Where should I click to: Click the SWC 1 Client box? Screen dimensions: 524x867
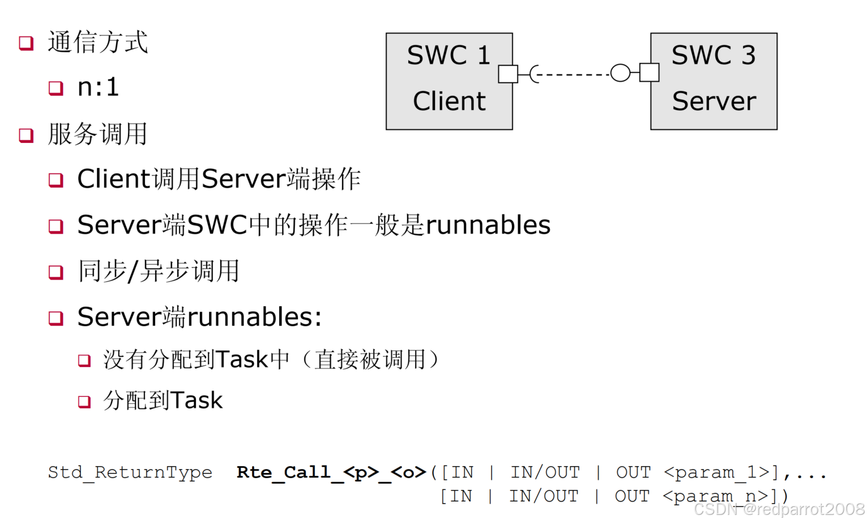pyautogui.click(x=449, y=81)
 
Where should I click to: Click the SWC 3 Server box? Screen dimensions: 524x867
pyautogui.click(x=714, y=81)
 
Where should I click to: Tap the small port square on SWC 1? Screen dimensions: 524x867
pyautogui.click(x=507, y=74)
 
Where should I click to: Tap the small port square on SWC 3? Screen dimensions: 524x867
pyautogui.click(x=649, y=73)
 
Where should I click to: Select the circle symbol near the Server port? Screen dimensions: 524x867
pyautogui.click(x=620, y=73)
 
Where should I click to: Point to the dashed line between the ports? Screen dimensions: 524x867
pyautogui.click(x=572, y=74)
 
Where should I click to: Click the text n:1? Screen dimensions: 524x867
pyautogui.click(x=98, y=87)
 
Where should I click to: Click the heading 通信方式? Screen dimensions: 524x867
pyautogui.click(x=97, y=43)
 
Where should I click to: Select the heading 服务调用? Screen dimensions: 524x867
pyautogui.click(x=97, y=134)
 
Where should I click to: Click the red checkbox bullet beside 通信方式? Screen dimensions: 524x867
pyautogui.click(x=26, y=43)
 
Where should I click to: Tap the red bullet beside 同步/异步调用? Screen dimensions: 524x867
pyautogui.click(x=55, y=272)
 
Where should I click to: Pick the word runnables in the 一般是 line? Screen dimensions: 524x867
pyautogui.click(x=488, y=225)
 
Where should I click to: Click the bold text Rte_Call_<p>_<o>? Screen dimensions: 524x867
pyautogui.click(x=331, y=472)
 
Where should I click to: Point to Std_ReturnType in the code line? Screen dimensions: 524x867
pyautogui.click(x=130, y=472)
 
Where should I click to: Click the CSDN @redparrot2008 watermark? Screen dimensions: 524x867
pyautogui.click(x=779, y=509)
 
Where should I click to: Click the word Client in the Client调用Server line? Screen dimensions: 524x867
pyautogui.click(x=113, y=179)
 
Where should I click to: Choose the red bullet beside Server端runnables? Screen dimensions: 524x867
pyautogui.click(x=55, y=318)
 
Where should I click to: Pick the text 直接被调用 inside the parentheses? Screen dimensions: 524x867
pyautogui.click(x=370, y=360)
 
